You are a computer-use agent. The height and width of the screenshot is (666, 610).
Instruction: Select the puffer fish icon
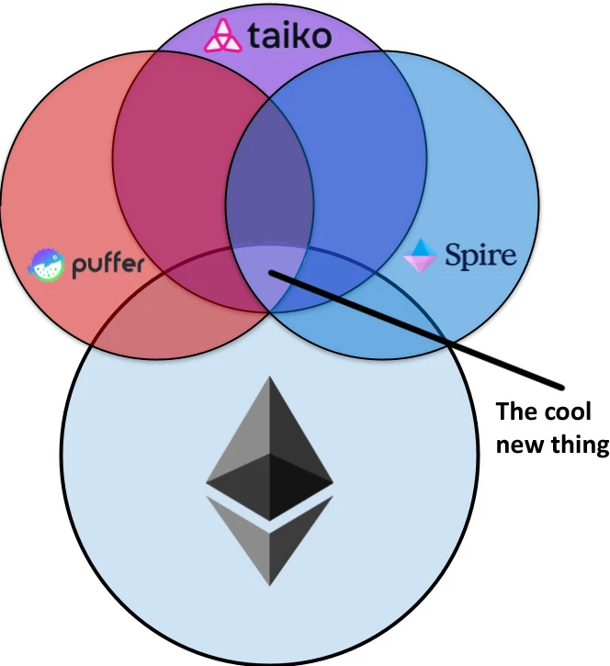47,265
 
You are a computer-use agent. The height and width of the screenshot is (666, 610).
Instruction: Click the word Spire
480,254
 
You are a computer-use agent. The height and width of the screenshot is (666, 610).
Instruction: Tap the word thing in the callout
579,446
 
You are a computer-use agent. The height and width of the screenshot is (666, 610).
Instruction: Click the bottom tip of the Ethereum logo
269,584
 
